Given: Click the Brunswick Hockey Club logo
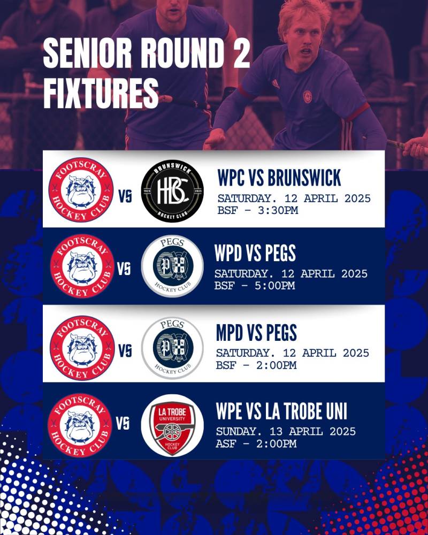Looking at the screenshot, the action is click(172, 191).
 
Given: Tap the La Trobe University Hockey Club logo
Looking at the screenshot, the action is click(172, 425).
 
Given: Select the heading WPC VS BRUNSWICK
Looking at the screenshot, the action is click(279, 178).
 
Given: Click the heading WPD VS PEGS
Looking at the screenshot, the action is click(255, 253).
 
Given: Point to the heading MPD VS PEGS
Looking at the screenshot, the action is click(256, 332).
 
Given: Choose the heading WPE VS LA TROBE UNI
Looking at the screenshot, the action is click(281, 411).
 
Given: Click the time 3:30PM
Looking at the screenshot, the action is click(278, 210).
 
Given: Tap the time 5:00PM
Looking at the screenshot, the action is click(275, 285).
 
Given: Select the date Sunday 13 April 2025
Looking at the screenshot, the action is click(286, 432).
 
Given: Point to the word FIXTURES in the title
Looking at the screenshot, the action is click(101, 93).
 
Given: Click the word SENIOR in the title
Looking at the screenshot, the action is click(87, 53).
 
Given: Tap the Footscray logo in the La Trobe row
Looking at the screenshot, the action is click(80, 425).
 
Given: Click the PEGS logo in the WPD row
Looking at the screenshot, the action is click(172, 266).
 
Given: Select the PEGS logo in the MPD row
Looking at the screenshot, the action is click(172, 348).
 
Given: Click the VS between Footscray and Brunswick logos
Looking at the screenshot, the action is click(125, 196).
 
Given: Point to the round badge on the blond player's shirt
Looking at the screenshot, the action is click(308, 96).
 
